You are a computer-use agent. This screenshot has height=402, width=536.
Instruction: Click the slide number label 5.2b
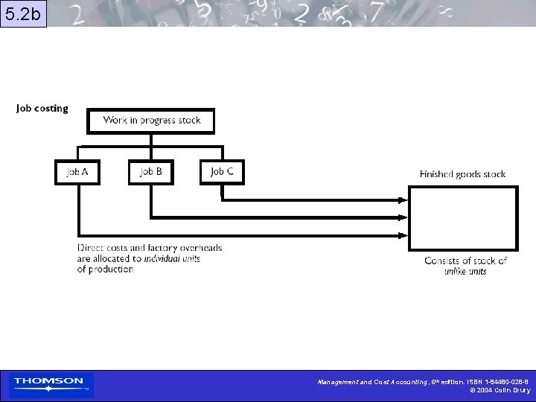[23, 14]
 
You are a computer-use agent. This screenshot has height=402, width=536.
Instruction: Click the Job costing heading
[42, 109]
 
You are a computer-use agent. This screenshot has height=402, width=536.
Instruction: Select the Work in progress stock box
[151, 121]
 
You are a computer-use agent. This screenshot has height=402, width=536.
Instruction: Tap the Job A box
[77, 172]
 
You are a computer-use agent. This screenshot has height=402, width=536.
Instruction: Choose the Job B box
[150, 172]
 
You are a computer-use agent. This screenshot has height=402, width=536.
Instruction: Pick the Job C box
[222, 172]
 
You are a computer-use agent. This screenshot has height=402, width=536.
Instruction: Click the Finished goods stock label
[462, 174]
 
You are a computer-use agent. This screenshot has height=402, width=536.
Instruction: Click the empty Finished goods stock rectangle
[462, 219]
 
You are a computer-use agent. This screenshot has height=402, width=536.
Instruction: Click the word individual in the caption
[162, 258]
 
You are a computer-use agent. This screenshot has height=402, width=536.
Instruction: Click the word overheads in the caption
[199, 248]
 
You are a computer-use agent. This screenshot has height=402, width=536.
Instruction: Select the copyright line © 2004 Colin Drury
[500, 390]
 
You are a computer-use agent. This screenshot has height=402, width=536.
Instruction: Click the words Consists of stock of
[465, 261]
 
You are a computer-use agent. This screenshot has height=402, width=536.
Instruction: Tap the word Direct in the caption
[90, 248]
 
